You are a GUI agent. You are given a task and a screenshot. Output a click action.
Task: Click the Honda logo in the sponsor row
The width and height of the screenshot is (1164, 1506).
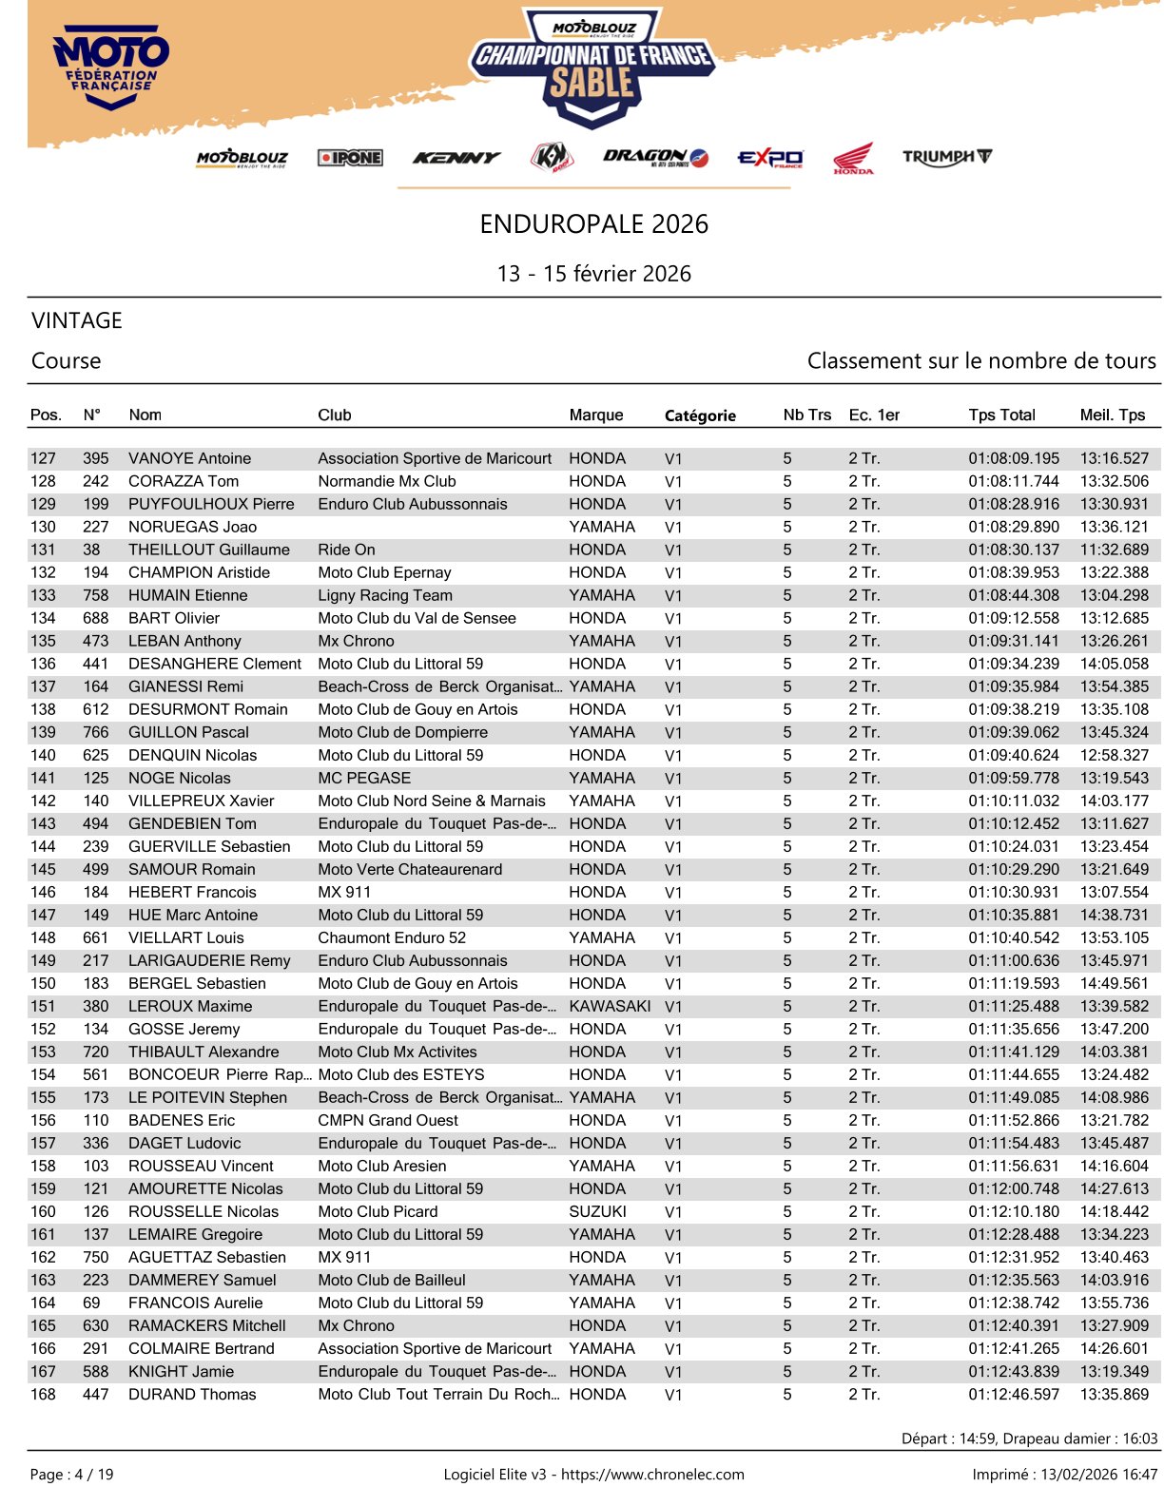(853, 159)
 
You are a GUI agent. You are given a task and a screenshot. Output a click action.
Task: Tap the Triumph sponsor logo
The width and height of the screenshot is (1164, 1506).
(946, 157)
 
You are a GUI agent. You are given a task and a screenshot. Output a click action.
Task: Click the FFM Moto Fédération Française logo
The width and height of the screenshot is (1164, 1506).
(111, 67)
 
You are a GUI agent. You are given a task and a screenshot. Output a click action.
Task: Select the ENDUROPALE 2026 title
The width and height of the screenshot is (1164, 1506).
(593, 224)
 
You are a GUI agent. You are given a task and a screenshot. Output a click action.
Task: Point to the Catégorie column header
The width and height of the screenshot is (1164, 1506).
(700, 415)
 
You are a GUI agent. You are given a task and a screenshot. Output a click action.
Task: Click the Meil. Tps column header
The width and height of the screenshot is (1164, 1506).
(1112, 415)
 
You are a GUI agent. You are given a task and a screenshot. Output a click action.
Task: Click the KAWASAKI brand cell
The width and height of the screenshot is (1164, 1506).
(610, 1006)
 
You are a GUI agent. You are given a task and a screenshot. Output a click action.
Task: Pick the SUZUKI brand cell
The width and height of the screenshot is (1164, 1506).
(597, 1211)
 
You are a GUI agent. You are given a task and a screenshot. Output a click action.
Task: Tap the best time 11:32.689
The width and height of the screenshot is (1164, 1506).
(1114, 550)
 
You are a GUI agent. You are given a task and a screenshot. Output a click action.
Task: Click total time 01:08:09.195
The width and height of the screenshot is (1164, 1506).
(1013, 458)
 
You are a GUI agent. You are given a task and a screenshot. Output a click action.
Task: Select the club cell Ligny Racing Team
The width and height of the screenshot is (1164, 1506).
(385, 595)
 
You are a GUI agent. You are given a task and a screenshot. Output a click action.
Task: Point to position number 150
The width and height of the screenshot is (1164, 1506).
(44, 983)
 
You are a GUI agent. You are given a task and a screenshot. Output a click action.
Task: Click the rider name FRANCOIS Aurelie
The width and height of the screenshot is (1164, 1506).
(196, 1303)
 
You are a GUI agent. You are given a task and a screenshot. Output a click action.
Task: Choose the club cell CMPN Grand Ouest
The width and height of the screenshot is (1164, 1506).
(388, 1120)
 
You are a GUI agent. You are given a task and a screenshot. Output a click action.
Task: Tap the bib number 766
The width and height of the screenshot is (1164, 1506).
(95, 732)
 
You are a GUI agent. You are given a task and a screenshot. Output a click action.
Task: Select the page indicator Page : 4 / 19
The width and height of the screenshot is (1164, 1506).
(72, 1475)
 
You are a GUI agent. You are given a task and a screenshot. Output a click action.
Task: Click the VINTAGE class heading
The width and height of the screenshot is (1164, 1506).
(77, 320)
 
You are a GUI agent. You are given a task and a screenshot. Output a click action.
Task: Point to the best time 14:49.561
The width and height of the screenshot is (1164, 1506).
(1114, 983)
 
